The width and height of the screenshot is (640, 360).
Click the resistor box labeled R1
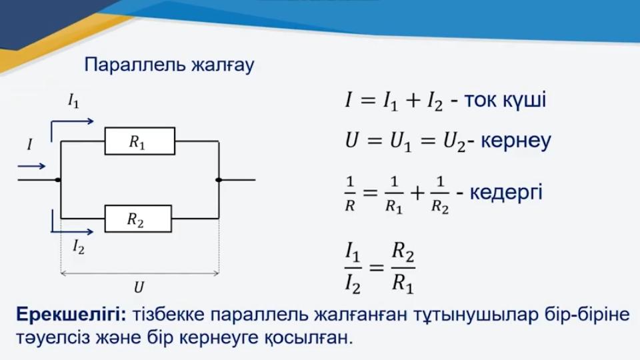point(139,141)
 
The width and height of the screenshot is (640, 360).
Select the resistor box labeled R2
point(138,219)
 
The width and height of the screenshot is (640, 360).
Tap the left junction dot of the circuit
point(59,179)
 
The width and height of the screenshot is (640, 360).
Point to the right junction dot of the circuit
point(219,179)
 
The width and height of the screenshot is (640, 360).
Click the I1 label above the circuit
point(73,101)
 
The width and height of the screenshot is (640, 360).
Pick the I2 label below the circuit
point(79,247)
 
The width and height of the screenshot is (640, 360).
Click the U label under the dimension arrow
point(139,287)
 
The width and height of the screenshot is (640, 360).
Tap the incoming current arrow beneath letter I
point(31,166)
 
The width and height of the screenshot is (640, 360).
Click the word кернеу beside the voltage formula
point(515,141)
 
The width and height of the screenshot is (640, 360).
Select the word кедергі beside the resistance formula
point(506,192)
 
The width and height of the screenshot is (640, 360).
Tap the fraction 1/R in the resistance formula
point(350,193)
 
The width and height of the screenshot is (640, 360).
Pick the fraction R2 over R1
point(403,268)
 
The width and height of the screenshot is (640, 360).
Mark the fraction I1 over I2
point(353,268)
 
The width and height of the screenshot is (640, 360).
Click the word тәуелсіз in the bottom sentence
point(53,337)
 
